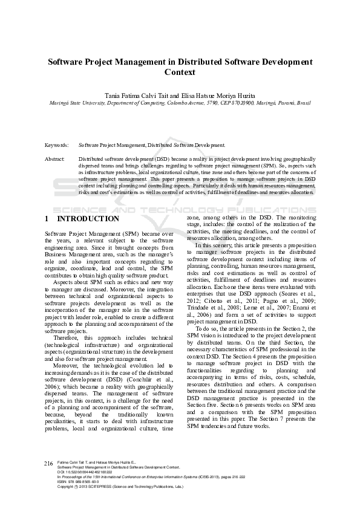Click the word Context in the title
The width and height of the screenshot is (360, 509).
tap(180, 73)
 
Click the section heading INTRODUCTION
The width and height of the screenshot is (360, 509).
tap(87, 219)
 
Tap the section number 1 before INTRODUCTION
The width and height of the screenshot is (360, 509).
tap(48, 219)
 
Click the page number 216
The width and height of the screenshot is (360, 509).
tap(49, 480)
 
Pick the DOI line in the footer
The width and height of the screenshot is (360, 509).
tap(84, 488)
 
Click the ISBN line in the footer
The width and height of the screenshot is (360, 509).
tap(76, 499)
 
